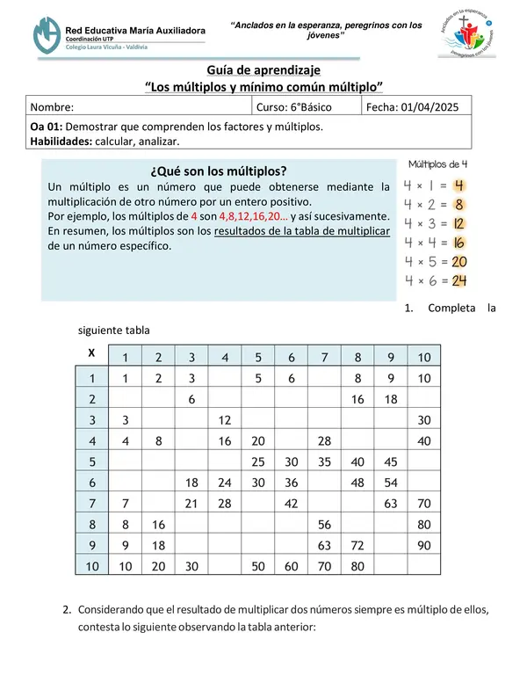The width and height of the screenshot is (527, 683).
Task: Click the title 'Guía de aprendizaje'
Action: pyautogui.click(x=263, y=69)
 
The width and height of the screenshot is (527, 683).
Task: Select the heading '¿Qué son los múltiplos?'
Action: pyautogui.click(x=220, y=171)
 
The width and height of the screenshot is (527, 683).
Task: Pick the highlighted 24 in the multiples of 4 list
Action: pyautogui.click(x=458, y=281)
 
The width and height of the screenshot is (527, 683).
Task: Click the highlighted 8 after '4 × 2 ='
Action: pyautogui.click(x=458, y=205)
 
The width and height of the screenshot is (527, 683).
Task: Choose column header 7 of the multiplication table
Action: pyautogui.click(x=325, y=357)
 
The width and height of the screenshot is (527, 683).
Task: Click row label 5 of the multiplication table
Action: pyautogui.click(x=90, y=461)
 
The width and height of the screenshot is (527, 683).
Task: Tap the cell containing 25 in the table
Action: pyautogui.click(x=258, y=461)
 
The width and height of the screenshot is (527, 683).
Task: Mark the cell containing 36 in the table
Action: pyautogui.click(x=291, y=482)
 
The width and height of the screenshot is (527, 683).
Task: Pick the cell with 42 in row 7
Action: pyautogui.click(x=291, y=503)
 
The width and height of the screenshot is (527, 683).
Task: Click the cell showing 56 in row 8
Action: pyautogui.click(x=324, y=524)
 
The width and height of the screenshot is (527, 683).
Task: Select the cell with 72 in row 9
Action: pyautogui.click(x=357, y=545)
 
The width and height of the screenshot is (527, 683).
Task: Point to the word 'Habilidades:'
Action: pyautogui.click(x=61, y=141)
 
